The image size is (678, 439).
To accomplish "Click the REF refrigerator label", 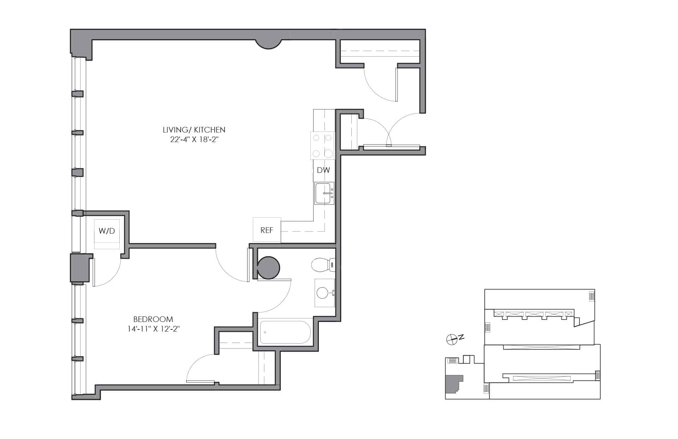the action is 267,230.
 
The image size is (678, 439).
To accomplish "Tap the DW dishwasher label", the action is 323,170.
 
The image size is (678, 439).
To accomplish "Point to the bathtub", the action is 285,332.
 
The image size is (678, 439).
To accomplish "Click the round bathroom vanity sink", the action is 323,293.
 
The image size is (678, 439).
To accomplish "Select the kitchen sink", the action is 324,193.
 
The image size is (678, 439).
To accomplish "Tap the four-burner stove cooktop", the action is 322,145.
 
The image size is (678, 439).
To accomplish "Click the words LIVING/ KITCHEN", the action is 194,130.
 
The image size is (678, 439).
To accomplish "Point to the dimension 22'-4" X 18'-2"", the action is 194,140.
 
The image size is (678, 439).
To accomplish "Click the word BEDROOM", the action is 153,319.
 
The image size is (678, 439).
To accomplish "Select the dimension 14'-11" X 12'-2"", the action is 154,329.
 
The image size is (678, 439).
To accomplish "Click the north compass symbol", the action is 451,340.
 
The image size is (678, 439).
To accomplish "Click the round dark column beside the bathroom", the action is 268,268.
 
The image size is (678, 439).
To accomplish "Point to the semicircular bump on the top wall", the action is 269,44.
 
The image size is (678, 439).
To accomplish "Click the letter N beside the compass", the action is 461,338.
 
